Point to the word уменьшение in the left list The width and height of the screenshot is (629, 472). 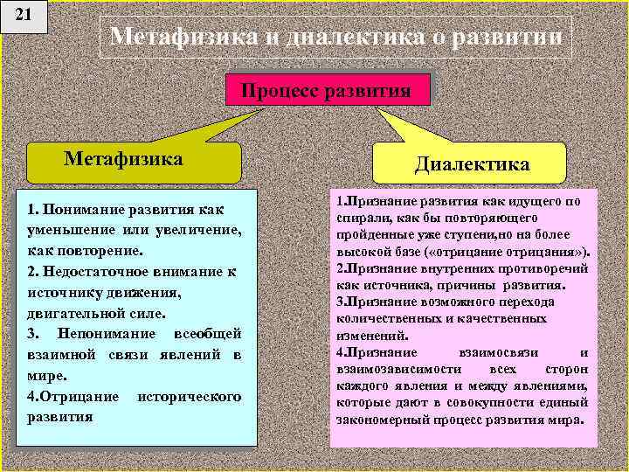point(68,230)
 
